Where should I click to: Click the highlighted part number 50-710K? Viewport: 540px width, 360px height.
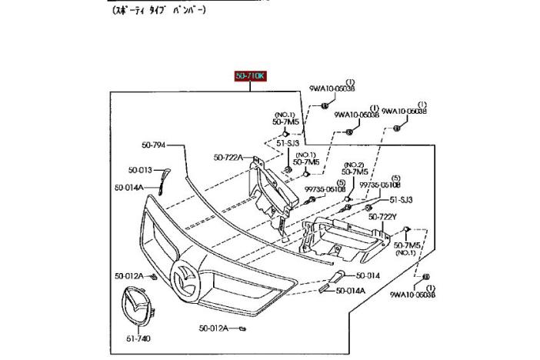[x=252, y=75]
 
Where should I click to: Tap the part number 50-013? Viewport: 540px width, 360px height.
[x=140, y=169]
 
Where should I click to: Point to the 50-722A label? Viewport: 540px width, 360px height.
[x=229, y=158]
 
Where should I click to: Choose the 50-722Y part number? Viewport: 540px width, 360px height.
[x=382, y=217]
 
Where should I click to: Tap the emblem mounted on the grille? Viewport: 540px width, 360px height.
[x=185, y=276]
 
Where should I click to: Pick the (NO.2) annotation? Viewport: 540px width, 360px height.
[x=354, y=165]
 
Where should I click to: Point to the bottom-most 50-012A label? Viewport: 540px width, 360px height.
[x=215, y=328]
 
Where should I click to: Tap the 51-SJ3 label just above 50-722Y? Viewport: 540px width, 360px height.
[x=401, y=199]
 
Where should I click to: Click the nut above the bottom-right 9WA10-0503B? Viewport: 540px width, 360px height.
[x=425, y=276]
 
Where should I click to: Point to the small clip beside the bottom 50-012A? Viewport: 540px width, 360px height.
[x=242, y=328]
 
